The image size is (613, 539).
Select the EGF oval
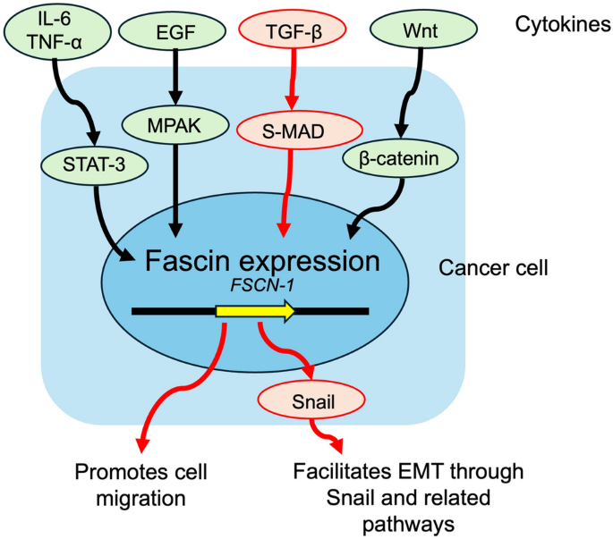click(x=175, y=33)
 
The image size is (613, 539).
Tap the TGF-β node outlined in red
click(x=294, y=33)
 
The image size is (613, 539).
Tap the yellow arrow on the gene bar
click(x=254, y=311)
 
